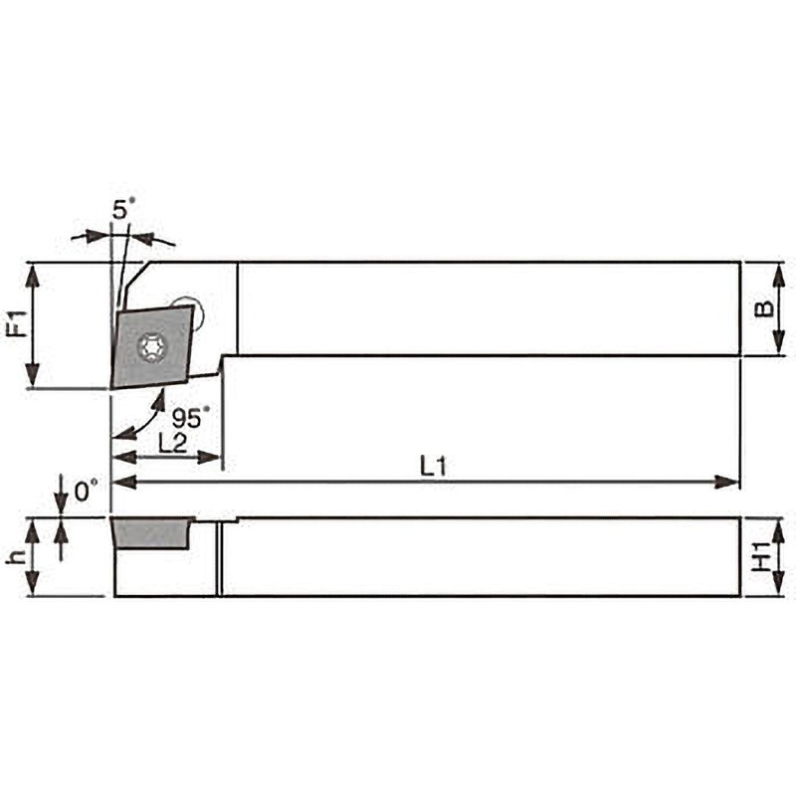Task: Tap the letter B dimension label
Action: click(764, 309)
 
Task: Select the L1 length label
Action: click(433, 466)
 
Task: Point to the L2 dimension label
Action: click(172, 443)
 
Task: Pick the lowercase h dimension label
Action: click(16, 557)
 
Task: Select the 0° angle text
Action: click(87, 491)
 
